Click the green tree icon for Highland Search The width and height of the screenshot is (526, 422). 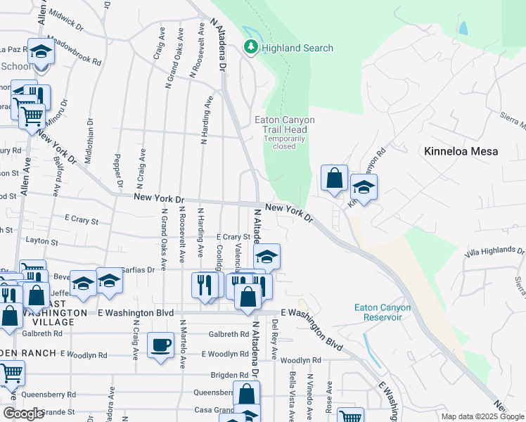tap(250, 47)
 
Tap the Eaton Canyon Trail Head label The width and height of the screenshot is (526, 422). tap(284, 124)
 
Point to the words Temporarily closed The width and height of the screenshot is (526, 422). tap(284, 142)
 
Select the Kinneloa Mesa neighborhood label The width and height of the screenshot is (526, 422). tap(461, 151)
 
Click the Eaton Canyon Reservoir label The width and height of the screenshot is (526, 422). tap(378, 312)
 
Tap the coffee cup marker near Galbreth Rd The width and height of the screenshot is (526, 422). tap(161, 345)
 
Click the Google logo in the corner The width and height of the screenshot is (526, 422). tap(23, 414)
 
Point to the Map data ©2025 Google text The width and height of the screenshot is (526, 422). tap(482, 416)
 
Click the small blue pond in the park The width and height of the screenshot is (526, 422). tap(463, 29)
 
